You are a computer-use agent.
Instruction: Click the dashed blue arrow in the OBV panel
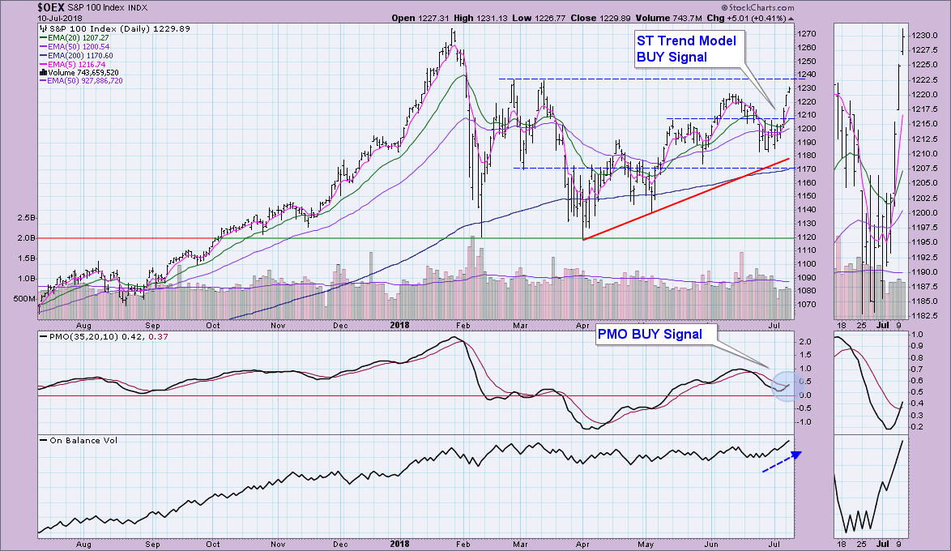pyautogui.click(x=781, y=461)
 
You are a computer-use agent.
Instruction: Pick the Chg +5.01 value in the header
pyautogui.click(x=750, y=18)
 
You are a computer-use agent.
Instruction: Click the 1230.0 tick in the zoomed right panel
pyautogui.click(x=923, y=36)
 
